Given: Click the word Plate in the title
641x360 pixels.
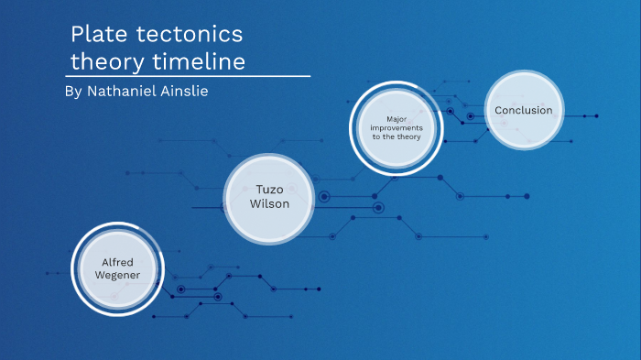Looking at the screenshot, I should [98, 35].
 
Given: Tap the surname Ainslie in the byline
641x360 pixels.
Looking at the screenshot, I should [190, 92].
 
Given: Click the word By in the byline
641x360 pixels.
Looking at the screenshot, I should [74, 92].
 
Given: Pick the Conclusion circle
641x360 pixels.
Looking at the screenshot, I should [523, 110].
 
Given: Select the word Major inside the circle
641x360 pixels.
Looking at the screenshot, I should [396, 119].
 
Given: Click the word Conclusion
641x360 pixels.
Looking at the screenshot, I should [523, 110].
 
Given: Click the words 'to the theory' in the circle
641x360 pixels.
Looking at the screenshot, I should [396, 137].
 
